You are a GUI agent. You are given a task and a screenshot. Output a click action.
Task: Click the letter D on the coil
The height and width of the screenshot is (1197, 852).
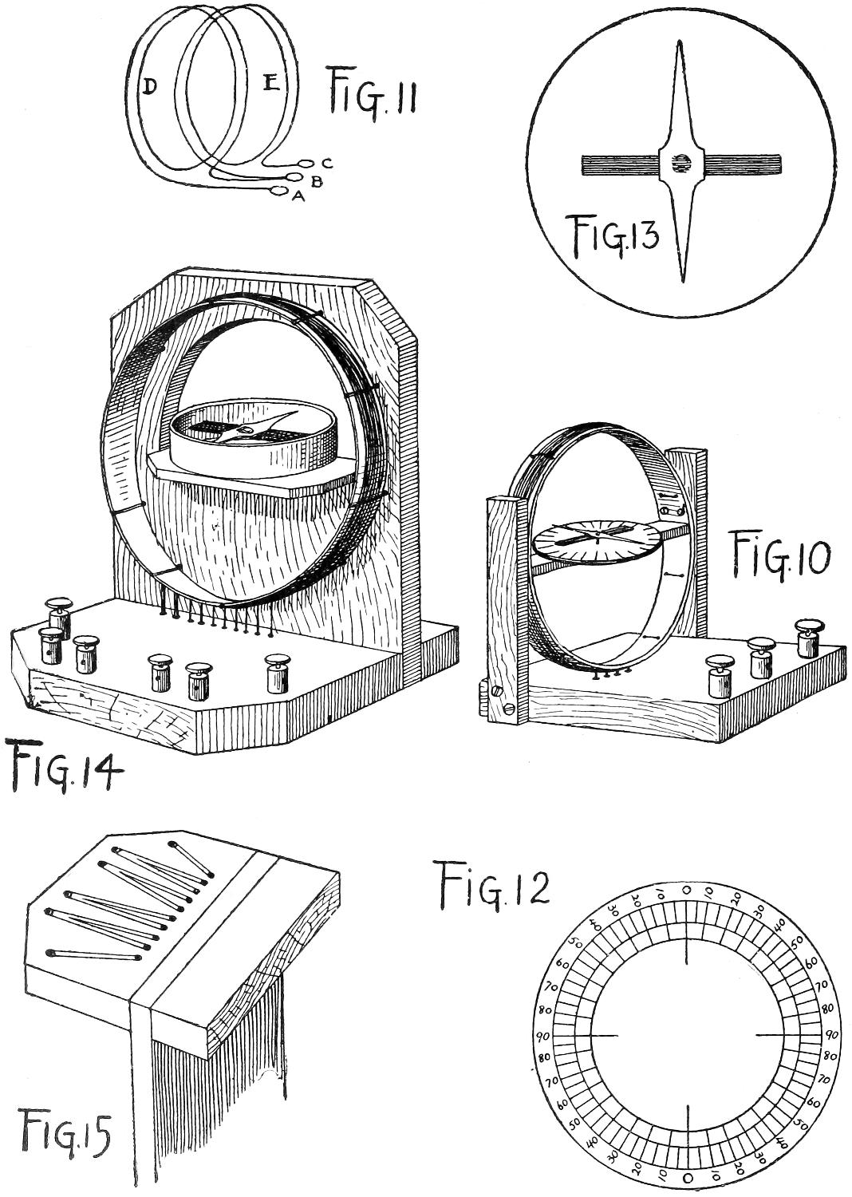[x=148, y=88]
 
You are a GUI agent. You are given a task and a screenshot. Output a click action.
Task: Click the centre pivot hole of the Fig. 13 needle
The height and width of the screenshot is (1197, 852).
[x=680, y=164]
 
